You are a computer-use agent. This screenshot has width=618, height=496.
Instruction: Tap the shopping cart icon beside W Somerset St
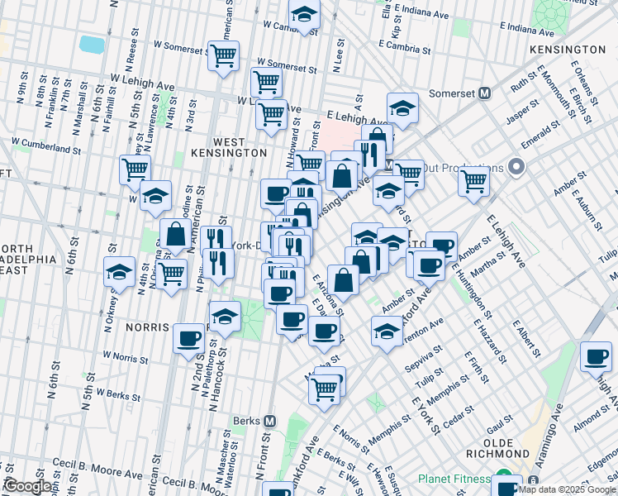223,56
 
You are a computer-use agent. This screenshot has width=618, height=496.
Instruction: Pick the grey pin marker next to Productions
518,168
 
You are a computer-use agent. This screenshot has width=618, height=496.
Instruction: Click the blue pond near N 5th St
91,43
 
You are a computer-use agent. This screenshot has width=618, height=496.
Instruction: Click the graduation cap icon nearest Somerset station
402,108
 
